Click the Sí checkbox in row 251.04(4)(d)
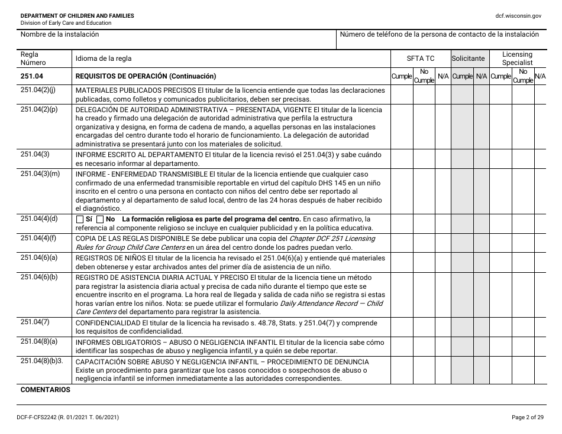80,220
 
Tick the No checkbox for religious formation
100,220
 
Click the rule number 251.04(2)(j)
38,90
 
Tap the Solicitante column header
468,58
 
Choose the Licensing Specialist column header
517,58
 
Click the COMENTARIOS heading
45,390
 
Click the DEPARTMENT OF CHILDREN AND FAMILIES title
77,15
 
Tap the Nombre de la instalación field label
60,35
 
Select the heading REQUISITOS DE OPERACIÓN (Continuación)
146,76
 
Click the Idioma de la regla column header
104,58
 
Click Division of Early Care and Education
66,23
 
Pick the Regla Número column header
33,58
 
